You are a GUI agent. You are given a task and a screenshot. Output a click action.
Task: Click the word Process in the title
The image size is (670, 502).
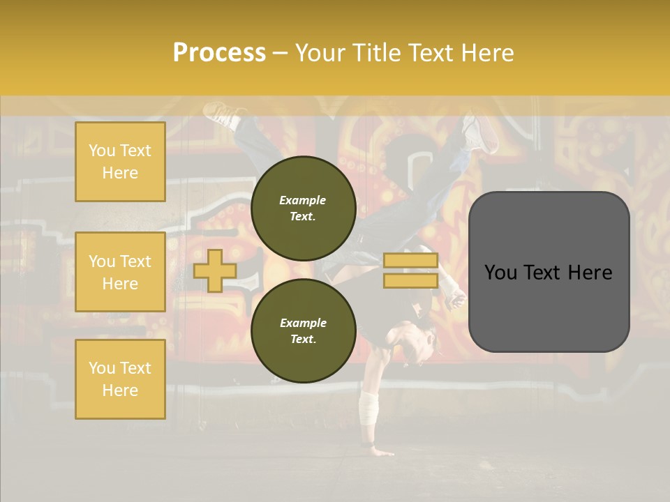[x=219, y=53]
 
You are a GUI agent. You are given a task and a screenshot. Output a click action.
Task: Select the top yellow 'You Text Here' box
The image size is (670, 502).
[x=120, y=162]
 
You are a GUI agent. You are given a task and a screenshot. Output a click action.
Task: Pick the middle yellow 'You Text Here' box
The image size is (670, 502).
[x=120, y=272]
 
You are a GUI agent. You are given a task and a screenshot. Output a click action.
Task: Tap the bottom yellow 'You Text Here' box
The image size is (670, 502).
[x=120, y=379]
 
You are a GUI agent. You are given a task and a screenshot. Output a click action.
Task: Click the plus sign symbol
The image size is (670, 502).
[x=214, y=271]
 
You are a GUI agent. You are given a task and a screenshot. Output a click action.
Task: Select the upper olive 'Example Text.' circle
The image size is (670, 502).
[x=303, y=208]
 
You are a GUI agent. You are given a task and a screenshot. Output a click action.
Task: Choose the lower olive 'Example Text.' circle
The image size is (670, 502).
[x=303, y=331]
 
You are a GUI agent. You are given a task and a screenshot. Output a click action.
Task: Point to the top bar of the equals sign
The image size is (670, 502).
[x=410, y=261]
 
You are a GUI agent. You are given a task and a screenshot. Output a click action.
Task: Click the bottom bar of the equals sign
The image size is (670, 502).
[x=410, y=280]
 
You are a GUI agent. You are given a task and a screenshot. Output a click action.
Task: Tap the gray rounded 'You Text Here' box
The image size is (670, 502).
[x=549, y=272]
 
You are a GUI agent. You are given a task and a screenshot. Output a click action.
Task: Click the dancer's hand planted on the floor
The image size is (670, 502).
[x=380, y=450]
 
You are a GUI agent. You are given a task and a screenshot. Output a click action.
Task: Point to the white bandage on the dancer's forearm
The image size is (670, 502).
[x=368, y=408]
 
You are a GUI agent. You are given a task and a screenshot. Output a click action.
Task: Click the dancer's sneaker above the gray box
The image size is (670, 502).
[x=482, y=132]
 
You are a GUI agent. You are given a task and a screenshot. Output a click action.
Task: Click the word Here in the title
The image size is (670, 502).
[x=486, y=53]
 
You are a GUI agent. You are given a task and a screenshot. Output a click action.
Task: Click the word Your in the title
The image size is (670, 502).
[x=320, y=53]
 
